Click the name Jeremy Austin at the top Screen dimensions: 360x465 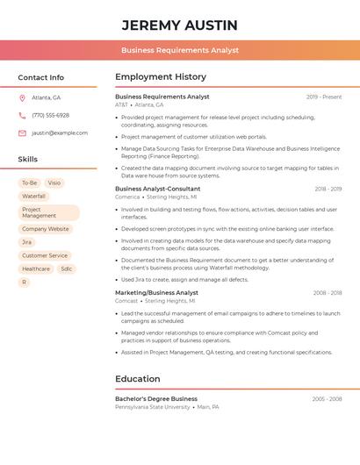pyautogui.click(x=179, y=25)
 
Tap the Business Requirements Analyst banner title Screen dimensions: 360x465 pyautogui.click(x=180, y=51)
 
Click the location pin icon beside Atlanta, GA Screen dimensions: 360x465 pyautogui.click(x=22, y=97)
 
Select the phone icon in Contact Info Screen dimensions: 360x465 pyautogui.click(x=22, y=115)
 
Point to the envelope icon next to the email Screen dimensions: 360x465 pyautogui.click(x=22, y=133)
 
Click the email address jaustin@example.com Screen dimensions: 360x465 pyautogui.click(x=60, y=133)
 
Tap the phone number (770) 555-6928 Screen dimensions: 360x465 pyautogui.click(x=50, y=115)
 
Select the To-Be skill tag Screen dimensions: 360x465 pyautogui.click(x=29, y=183)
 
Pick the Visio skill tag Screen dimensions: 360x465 pyautogui.click(x=54, y=183)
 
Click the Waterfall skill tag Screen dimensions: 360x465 pyautogui.click(x=34, y=197)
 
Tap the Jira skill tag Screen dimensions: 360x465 pyautogui.click(x=27, y=242)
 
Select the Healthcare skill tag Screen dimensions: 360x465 pyautogui.click(x=36, y=268)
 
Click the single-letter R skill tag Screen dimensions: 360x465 pyautogui.click(x=24, y=283)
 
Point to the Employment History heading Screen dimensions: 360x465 pyautogui.click(x=161, y=77)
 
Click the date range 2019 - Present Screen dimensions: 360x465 pyautogui.click(x=324, y=97)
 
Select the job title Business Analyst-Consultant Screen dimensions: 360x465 pyautogui.click(x=158, y=189)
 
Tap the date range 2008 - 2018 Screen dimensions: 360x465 pyautogui.click(x=328, y=293)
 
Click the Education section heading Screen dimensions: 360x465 pyautogui.click(x=138, y=379)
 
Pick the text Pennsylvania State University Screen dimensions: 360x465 pyautogui.click(x=153, y=407)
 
